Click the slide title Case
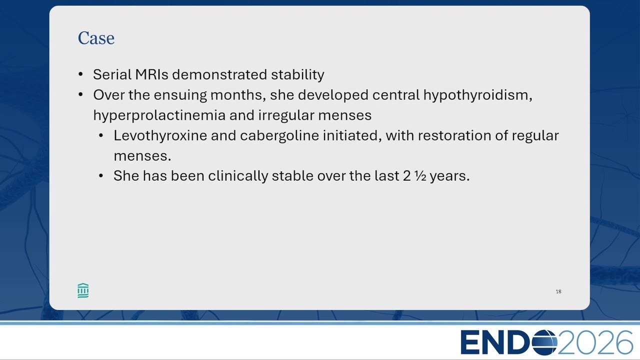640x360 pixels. [96, 38]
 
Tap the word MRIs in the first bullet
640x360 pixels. [151, 74]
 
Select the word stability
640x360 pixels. [297, 75]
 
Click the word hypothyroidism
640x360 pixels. [477, 95]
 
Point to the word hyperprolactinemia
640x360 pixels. [159, 115]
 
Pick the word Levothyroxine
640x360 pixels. [160, 135]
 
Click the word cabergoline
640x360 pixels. [279, 135]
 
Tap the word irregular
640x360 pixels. [286, 115]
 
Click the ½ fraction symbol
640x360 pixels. [420, 176]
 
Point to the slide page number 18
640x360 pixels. [558, 291]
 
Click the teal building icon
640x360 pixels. [83, 291]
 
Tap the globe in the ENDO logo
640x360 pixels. [544, 342]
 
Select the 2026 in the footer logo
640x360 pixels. [595, 342]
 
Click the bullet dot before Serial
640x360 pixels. [80, 74]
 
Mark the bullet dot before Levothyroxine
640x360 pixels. [101, 135]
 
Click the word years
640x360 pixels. [449, 176]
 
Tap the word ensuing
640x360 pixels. [180, 95]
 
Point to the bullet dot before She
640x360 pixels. [101, 176]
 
